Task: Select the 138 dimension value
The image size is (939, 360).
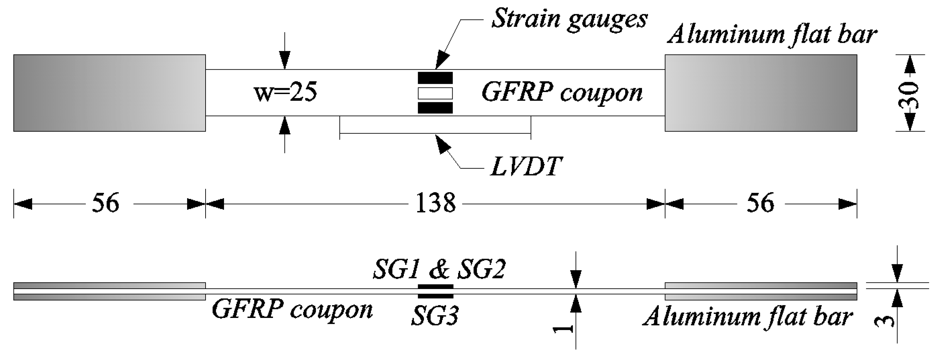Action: (435, 203)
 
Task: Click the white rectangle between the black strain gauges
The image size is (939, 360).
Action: (435, 93)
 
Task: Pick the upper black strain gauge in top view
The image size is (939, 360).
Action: (435, 78)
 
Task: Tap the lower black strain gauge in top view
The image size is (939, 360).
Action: (435, 108)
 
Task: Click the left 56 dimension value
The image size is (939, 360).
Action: (105, 203)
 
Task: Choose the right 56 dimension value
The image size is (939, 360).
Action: (760, 203)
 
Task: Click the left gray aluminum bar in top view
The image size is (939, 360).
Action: (109, 93)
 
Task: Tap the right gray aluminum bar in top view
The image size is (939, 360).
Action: (761, 93)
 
